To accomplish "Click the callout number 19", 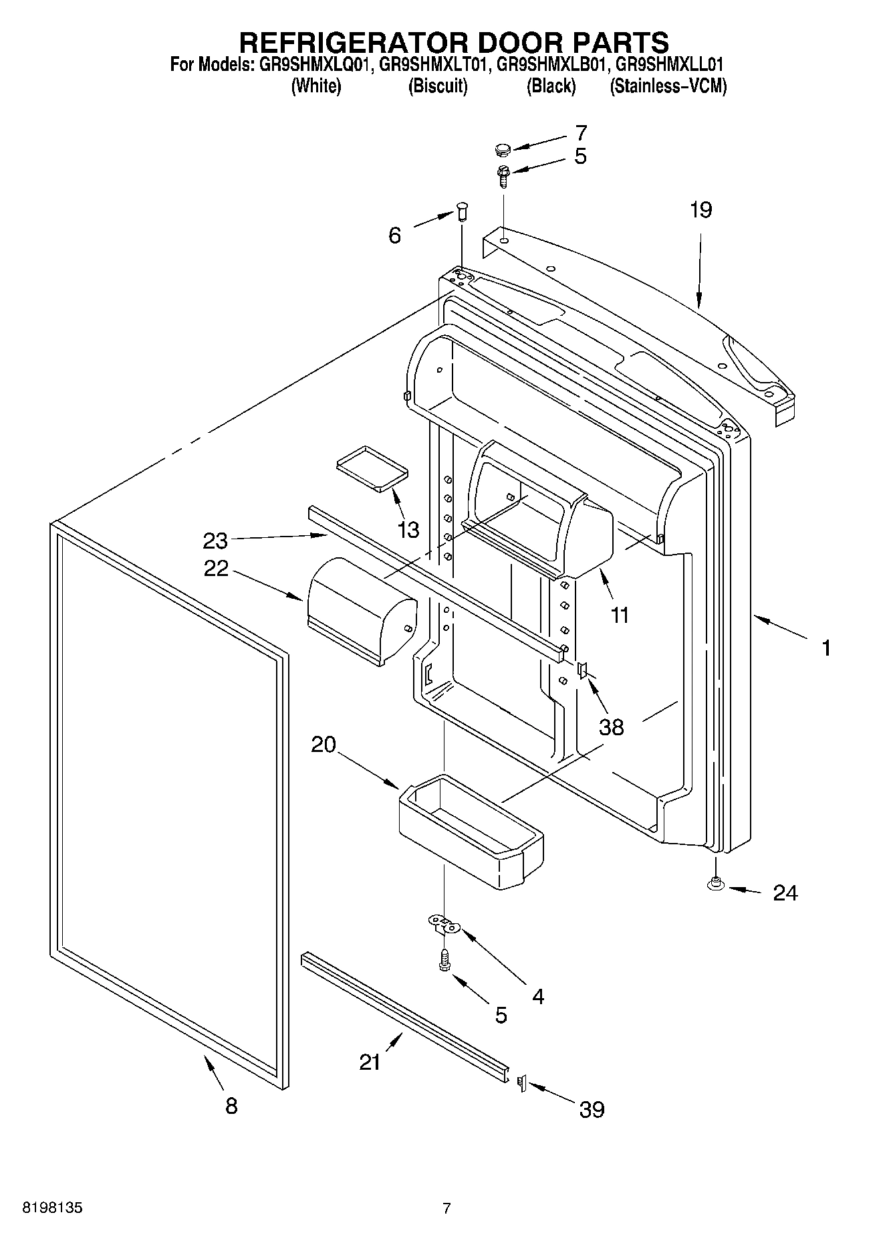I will click(x=701, y=210).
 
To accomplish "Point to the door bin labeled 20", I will click(x=471, y=833).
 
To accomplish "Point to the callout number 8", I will click(x=231, y=1106).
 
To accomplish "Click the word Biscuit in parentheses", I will click(x=438, y=86).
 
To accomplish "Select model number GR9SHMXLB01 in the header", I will click(x=551, y=65).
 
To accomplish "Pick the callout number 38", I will click(x=611, y=727).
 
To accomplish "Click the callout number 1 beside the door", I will click(x=826, y=648).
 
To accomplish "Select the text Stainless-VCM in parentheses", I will click(x=668, y=86).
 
